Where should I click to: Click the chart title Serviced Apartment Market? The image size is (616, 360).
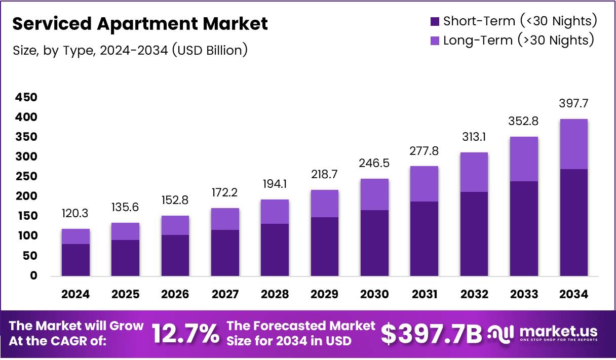click(x=139, y=24)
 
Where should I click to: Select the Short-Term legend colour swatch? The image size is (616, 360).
click(x=434, y=21)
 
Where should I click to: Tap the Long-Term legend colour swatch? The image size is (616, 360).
click(x=434, y=41)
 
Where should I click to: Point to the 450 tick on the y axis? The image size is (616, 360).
click(x=26, y=98)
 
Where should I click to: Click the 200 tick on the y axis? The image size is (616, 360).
click(x=26, y=196)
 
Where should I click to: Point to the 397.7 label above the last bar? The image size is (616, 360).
click(x=574, y=104)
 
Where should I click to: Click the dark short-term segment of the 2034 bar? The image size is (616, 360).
click(x=574, y=223)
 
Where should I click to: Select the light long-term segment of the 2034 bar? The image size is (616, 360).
click(x=574, y=144)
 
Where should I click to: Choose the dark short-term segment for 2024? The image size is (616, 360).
click(x=75, y=260)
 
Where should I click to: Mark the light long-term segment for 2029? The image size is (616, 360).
click(x=325, y=204)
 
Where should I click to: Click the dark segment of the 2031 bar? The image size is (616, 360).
click(x=425, y=238)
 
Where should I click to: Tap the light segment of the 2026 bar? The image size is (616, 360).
click(x=175, y=225)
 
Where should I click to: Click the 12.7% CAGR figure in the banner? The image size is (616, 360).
click(x=186, y=334)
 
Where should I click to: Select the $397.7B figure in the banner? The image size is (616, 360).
click(x=431, y=334)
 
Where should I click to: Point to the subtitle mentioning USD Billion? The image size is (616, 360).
click(x=129, y=50)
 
